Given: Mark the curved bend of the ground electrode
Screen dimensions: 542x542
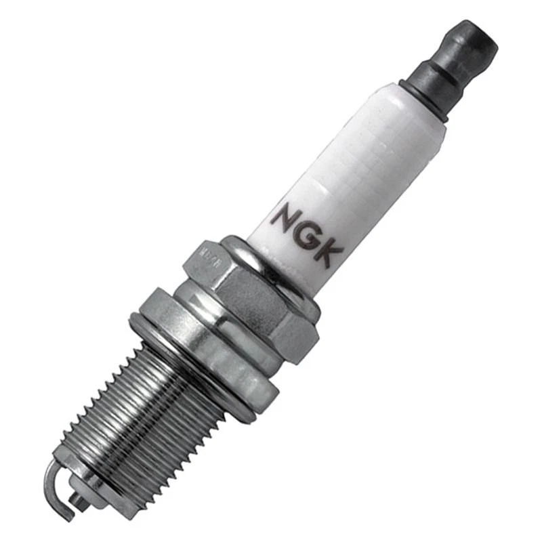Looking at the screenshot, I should [x=51, y=474].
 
